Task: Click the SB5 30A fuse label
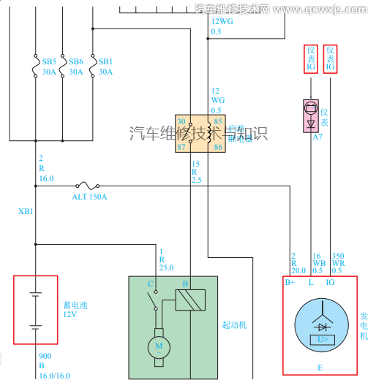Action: (49, 67)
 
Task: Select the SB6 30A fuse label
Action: (76, 67)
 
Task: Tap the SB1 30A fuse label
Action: (106, 67)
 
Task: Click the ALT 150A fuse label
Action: (89, 197)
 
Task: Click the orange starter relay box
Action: (199, 133)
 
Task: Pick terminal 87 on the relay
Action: (181, 147)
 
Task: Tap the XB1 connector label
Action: (26, 212)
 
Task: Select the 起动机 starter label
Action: (234, 324)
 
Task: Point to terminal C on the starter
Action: (150, 284)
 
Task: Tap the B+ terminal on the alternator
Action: (290, 281)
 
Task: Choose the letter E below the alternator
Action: (319, 368)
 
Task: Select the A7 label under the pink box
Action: (317, 137)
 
